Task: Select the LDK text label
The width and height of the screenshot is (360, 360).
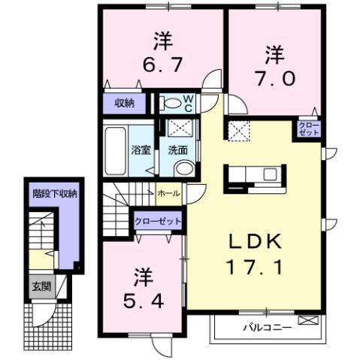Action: (x=255, y=241)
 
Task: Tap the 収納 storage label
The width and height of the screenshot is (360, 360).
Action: (x=125, y=103)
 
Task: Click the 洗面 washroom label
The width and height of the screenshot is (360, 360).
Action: (x=178, y=149)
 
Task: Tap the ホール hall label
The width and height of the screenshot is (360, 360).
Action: (x=169, y=193)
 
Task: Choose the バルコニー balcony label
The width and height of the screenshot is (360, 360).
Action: (x=262, y=328)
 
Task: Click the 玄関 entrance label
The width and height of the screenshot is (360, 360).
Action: (x=38, y=286)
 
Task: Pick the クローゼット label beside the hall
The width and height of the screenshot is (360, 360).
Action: (x=158, y=222)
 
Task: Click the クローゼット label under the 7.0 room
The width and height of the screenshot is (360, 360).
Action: (x=309, y=128)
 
